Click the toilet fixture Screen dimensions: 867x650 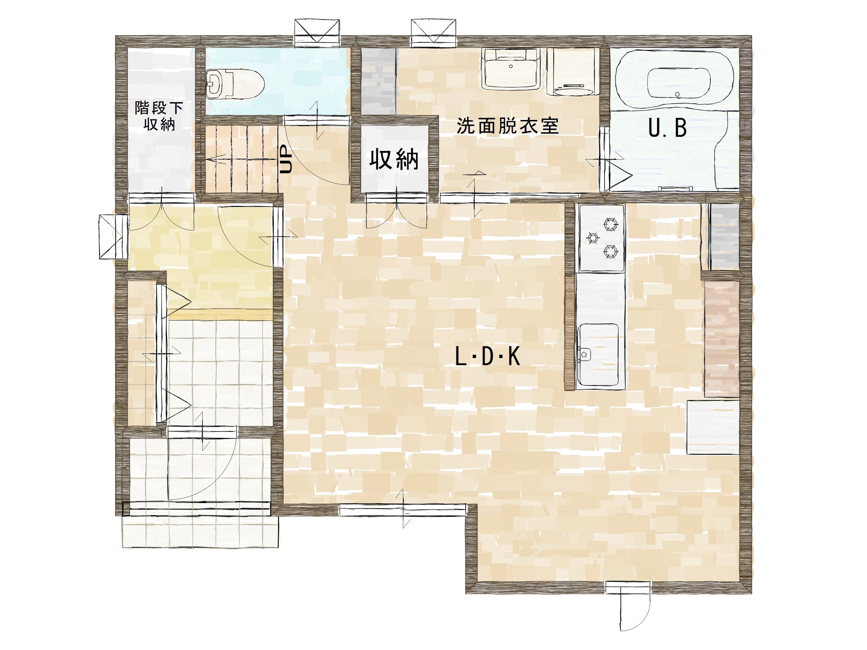pyautogui.click(x=234, y=84)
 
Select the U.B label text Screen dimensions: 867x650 pyautogui.click(x=667, y=128)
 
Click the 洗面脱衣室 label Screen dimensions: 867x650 pyautogui.click(x=507, y=126)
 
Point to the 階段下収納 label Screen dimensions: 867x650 pyautogui.click(x=159, y=116)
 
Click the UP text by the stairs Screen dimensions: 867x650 pyautogui.click(x=286, y=160)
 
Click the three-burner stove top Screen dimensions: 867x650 pyautogui.click(x=602, y=238)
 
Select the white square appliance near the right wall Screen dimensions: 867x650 pyautogui.click(x=713, y=427)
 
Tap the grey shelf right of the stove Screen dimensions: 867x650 pyautogui.click(x=724, y=237)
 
